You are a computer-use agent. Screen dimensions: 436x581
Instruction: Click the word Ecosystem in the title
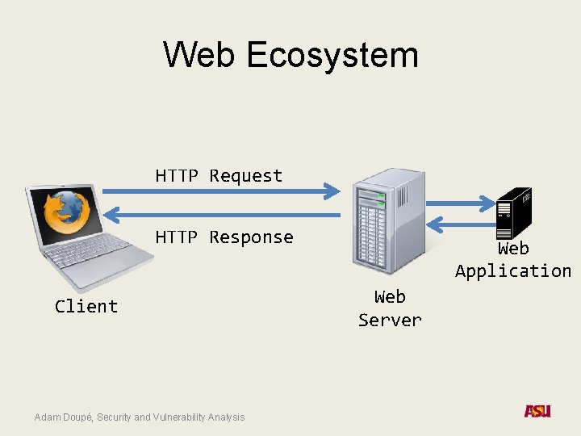coord(332,55)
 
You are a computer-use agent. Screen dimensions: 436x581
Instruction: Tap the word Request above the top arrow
coord(246,176)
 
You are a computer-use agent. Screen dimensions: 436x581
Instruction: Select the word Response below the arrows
coord(251,237)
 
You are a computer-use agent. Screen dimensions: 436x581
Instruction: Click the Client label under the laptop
coord(86,307)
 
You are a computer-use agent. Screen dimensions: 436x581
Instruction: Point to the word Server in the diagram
coord(390,320)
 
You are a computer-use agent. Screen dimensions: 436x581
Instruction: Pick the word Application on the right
coord(513,271)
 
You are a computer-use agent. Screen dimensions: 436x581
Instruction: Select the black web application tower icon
coord(514,212)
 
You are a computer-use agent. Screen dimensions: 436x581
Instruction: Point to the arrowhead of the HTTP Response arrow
coord(114,214)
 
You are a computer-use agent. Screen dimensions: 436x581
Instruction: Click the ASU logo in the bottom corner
coord(537,411)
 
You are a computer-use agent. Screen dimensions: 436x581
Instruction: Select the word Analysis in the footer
coord(226,417)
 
